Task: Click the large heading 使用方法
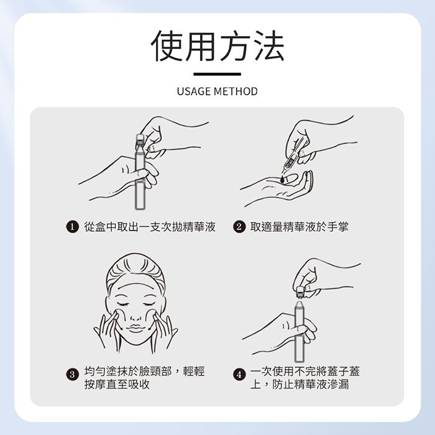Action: [x=217, y=46]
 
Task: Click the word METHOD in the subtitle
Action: [x=236, y=91]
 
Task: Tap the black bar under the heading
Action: [x=217, y=74]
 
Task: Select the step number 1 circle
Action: [x=72, y=227]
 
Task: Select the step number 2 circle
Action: [x=239, y=227]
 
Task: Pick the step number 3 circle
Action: [x=72, y=375]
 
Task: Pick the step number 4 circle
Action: [x=239, y=375]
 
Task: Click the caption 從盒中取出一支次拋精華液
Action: [x=150, y=227]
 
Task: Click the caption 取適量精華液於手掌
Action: [x=300, y=227]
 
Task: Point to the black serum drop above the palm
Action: [x=282, y=179]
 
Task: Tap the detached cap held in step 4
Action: [x=300, y=293]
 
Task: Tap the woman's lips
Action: [x=135, y=328]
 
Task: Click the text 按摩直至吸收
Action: [x=117, y=384]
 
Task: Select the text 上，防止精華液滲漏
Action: [x=300, y=384]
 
